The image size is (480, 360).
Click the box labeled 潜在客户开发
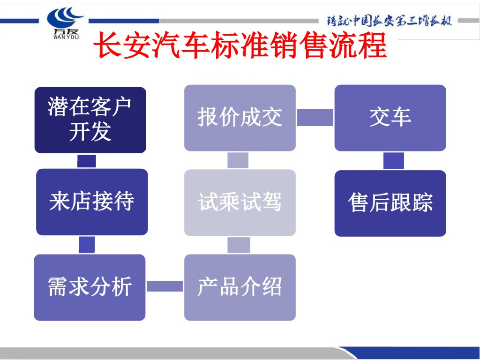tap(90, 120)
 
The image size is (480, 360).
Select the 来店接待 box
tap(92, 202)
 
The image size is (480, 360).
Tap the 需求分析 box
tap(90, 287)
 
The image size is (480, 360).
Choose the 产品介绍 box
tap(240, 287)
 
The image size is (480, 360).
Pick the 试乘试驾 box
tap(240, 202)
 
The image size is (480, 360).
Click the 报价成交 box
tap(240, 118)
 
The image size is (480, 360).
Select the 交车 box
tap(390, 118)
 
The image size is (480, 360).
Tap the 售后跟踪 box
tap(390, 203)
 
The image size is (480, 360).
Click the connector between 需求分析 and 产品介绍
tap(165, 286)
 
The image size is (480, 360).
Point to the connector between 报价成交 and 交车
tap(315, 117)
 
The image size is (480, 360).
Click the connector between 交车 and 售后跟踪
tap(393, 161)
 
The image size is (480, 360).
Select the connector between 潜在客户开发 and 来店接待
tap(87, 161)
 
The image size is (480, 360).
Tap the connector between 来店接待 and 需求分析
tap(87, 245)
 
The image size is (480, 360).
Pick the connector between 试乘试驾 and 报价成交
tap(238, 160)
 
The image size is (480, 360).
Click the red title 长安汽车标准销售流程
tap(240, 45)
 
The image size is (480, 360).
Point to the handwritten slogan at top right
tap(389, 21)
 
